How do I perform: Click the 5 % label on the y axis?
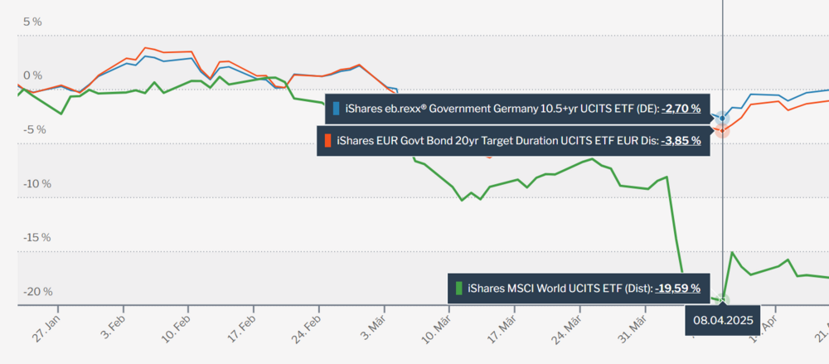(x=32, y=22)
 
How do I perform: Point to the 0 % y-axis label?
(x=32, y=75)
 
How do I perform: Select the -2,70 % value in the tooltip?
(x=681, y=108)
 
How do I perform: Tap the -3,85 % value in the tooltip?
(x=681, y=140)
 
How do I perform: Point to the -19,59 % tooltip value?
(x=677, y=289)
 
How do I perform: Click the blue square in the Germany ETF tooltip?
(x=336, y=108)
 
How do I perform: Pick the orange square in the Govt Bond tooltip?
(x=327, y=140)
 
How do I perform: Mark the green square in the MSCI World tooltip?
(x=458, y=289)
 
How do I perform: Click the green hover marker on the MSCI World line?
(x=722, y=299)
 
